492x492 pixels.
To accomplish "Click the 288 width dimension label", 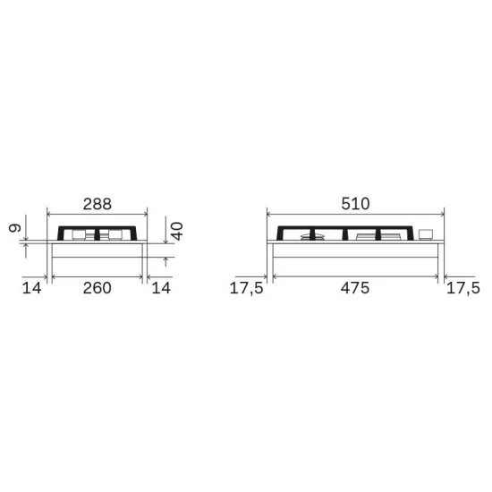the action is [98, 204].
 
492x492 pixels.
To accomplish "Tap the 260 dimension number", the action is [98, 288].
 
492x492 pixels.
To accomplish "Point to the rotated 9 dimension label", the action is [14, 227].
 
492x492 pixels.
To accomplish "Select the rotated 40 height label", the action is [177, 231].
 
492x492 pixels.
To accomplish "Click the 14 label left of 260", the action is [31, 288].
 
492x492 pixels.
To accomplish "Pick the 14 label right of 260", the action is [161, 288].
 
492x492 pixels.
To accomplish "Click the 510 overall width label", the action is [355, 204].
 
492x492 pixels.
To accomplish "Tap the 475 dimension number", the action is [355, 288].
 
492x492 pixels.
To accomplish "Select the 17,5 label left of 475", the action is [247, 288].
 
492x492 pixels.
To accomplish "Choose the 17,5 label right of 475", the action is [463, 288].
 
